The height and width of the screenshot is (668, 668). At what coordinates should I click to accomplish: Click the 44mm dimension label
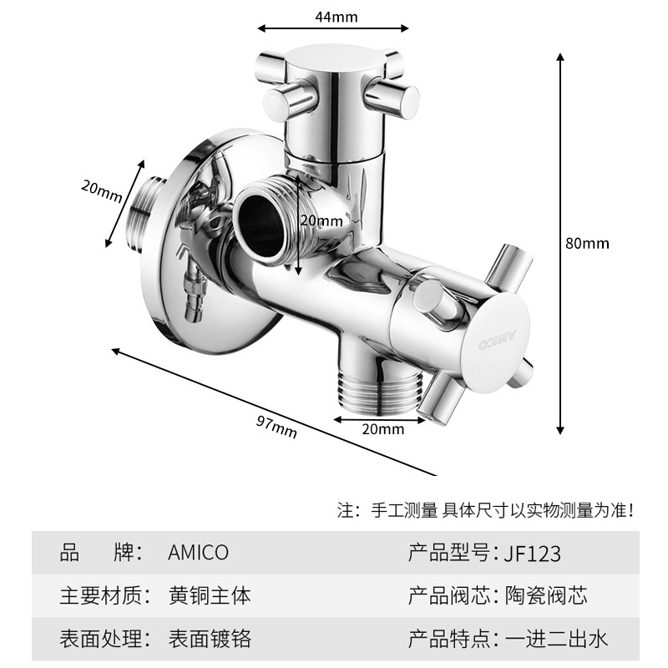[337, 17]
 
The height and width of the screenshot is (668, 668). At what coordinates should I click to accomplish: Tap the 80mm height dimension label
[587, 243]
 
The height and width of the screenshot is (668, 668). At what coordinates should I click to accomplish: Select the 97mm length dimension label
[276, 427]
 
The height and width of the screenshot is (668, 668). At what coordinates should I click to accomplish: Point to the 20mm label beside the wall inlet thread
[102, 191]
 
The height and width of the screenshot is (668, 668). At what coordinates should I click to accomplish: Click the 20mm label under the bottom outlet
[383, 429]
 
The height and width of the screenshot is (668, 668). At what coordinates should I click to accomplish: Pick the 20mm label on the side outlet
[321, 220]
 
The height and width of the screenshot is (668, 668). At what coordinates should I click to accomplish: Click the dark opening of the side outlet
[261, 225]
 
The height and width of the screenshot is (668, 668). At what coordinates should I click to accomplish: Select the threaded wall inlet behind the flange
[147, 213]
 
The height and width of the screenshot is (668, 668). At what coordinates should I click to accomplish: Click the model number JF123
[532, 554]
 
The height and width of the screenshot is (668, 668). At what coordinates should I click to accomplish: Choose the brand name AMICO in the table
[198, 553]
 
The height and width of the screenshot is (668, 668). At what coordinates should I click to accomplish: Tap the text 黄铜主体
[210, 595]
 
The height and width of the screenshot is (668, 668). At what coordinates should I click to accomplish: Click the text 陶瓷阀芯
[546, 595]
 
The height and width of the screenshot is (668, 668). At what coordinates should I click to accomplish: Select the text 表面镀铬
[210, 639]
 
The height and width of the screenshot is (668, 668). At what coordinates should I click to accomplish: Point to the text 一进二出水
[556, 639]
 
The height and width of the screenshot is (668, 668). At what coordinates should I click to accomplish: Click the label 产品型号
[449, 553]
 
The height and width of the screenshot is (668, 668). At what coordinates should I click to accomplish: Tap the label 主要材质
[100, 595]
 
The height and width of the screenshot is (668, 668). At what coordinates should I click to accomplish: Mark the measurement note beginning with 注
[486, 510]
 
